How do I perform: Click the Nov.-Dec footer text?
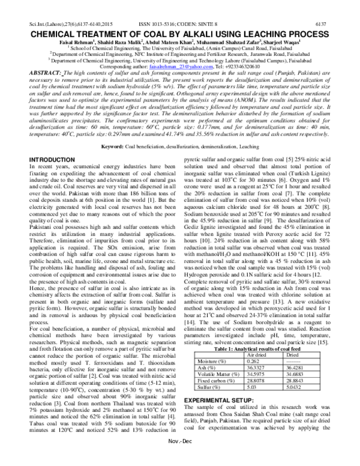click(x=181, y=458)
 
